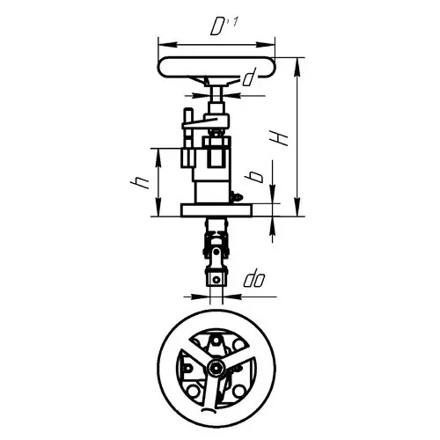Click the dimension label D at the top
click(217, 27)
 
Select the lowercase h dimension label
click(140, 183)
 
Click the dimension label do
click(254, 280)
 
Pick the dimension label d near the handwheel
click(249, 77)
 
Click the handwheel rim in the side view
click(216, 67)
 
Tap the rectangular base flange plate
click(216, 210)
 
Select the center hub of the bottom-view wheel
click(216, 367)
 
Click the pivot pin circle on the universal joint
click(216, 252)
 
